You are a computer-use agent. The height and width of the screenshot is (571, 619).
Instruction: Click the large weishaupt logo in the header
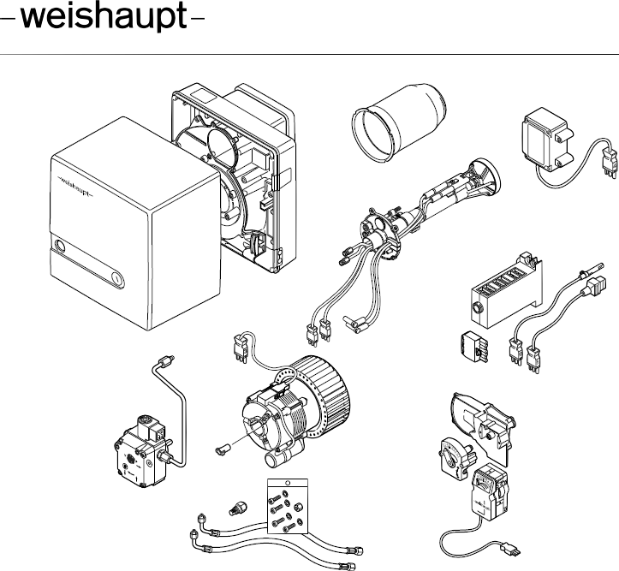pos(104,21)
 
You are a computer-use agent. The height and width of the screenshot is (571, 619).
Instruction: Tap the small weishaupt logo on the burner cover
pos(75,181)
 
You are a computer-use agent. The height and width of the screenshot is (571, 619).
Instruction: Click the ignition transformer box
pos(547,142)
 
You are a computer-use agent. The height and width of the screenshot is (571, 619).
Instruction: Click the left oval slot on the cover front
pos(59,247)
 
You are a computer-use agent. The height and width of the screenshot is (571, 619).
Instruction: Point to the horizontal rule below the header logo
pos(309,54)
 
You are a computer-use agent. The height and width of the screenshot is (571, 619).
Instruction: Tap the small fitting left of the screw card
pos(237,497)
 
